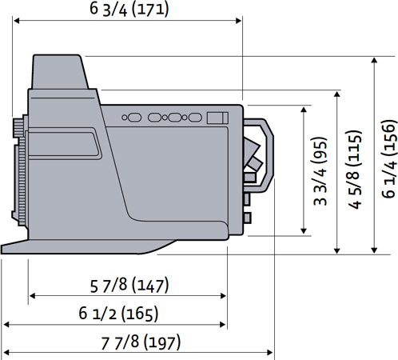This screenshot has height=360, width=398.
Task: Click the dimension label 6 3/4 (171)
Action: (129, 10)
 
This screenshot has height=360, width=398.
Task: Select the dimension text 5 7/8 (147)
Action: (129, 286)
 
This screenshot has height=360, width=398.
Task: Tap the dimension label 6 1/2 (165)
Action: (118, 314)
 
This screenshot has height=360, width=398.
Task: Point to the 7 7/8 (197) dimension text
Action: (141, 342)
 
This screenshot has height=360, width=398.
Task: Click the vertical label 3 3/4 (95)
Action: (320, 171)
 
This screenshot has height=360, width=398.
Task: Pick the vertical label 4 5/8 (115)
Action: (355, 170)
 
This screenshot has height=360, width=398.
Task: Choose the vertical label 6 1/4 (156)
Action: (388, 159)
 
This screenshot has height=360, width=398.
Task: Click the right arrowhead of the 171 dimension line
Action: (239, 21)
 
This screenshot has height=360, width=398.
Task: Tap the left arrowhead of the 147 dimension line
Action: (32, 296)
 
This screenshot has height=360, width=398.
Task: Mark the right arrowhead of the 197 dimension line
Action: (269, 353)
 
